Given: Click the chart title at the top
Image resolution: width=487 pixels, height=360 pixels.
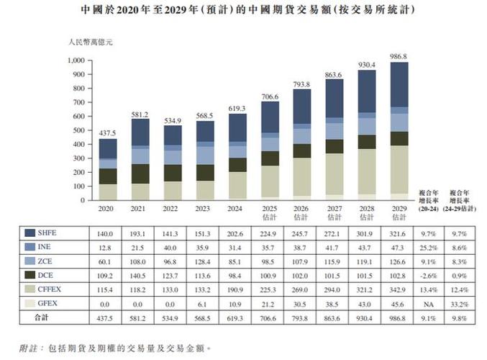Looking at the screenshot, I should tap(243, 11).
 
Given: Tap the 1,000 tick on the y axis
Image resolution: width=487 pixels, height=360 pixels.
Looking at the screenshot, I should tap(76, 60).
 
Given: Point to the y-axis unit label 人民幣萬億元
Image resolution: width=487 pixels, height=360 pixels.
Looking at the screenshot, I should tap(90, 42).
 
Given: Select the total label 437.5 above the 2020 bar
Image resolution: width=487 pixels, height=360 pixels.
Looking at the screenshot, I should tap(108, 133).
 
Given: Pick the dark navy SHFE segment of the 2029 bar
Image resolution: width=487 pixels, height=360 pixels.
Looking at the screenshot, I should tap(399, 85).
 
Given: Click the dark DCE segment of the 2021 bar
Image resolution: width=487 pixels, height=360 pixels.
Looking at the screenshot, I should tap(141, 174).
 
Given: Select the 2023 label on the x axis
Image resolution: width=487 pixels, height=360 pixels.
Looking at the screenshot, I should tap(205, 207).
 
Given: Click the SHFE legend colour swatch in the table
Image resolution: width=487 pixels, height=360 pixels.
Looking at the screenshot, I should tap(31, 233).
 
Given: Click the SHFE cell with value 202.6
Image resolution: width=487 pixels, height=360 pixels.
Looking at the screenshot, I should tap(238, 233).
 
